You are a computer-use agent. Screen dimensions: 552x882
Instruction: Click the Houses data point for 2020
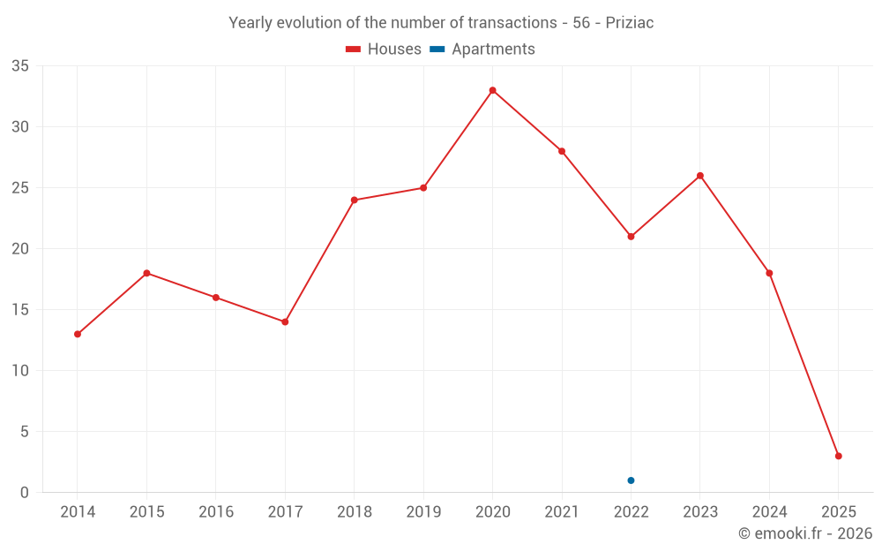click(x=492, y=90)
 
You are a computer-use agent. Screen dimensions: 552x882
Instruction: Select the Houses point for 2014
click(x=78, y=334)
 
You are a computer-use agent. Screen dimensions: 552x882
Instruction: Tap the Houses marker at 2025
click(x=838, y=456)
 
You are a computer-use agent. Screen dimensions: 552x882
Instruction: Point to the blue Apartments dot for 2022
click(x=631, y=480)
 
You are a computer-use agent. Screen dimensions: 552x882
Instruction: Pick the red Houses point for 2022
click(x=631, y=237)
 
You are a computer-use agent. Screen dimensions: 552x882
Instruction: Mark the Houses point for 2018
click(x=355, y=200)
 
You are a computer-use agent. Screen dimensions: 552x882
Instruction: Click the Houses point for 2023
click(x=700, y=176)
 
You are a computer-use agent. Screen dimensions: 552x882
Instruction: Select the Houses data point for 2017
click(x=285, y=321)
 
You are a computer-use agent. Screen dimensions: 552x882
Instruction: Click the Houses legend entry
click(x=384, y=49)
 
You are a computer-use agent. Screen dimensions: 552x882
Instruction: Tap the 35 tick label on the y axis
click(x=20, y=66)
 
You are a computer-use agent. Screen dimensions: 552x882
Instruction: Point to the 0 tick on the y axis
click(x=25, y=493)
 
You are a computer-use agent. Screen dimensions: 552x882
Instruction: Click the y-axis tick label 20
click(x=20, y=249)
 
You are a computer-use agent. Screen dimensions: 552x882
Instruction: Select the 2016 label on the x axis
click(x=216, y=512)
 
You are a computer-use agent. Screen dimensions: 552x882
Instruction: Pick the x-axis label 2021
click(x=562, y=512)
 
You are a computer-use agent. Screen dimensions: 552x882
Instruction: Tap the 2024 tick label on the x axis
click(x=769, y=512)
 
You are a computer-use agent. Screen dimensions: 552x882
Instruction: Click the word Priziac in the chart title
click(x=630, y=23)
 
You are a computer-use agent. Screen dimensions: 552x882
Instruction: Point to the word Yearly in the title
click(x=250, y=23)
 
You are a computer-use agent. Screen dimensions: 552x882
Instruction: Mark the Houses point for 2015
click(x=146, y=273)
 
